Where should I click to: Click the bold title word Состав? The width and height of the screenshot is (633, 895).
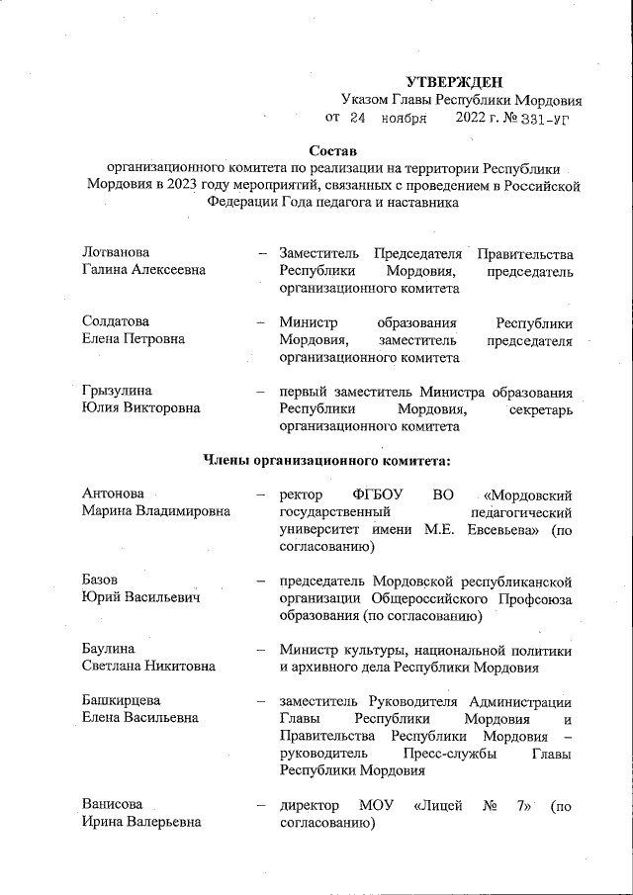[329, 150]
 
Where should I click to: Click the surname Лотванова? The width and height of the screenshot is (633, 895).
[117, 253]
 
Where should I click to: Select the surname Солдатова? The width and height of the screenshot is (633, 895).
[116, 322]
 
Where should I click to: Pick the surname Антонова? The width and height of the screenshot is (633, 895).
[113, 493]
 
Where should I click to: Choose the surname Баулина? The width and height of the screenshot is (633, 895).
[110, 650]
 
